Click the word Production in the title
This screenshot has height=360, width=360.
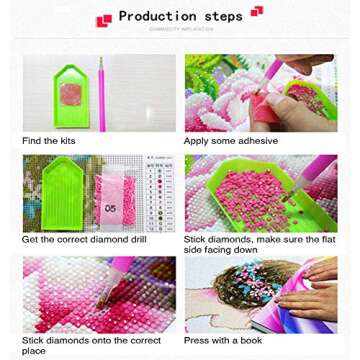(157, 17)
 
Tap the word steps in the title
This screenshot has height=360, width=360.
(223, 17)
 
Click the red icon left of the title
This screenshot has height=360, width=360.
(103, 20)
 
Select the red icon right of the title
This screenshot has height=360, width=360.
(257, 11)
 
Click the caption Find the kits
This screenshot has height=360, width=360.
(48, 141)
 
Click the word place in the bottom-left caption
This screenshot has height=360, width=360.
(34, 351)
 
